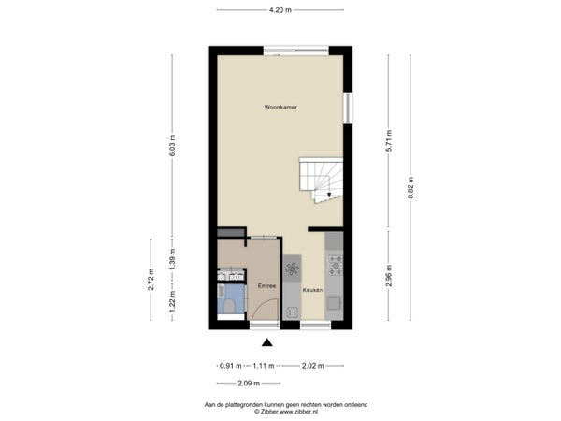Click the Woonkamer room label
[x=280, y=107]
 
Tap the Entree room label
[x=266, y=286]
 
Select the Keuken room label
[x=312, y=290]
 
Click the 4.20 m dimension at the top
[x=280, y=10]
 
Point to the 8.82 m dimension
[x=410, y=187]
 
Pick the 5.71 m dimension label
[x=389, y=140]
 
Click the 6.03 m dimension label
[x=172, y=145]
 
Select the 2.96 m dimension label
[x=389, y=276]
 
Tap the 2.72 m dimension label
[x=151, y=280]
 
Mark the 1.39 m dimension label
[x=172, y=259]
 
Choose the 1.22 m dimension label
[x=172, y=300]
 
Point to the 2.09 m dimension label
[x=249, y=384]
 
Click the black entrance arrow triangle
[x=266, y=343]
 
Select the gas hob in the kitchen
[x=336, y=266]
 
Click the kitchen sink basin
[x=335, y=303]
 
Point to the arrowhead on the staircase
[x=329, y=195]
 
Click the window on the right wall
[x=348, y=109]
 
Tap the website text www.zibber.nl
[x=298, y=412]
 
